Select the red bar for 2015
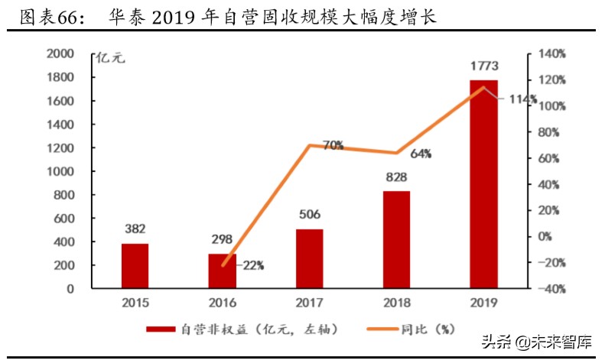[x=135, y=266]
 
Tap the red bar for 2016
[x=223, y=271]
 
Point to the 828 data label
[x=396, y=177]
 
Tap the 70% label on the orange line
[x=332, y=144]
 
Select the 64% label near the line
[x=420, y=154]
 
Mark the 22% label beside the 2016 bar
[x=253, y=265]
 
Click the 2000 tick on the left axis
[x=60, y=54]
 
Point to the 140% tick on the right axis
[x=551, y=54]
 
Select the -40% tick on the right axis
[x=551, y=289]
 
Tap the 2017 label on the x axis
[x=310, y=302]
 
